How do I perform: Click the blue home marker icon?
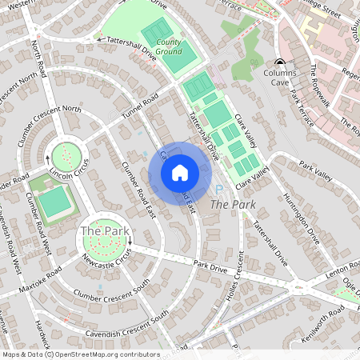(179, 173)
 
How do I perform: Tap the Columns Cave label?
(280, 77)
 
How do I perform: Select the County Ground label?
(168, 46)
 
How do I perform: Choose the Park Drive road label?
(211, 265)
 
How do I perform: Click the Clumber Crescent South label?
(111, 291)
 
